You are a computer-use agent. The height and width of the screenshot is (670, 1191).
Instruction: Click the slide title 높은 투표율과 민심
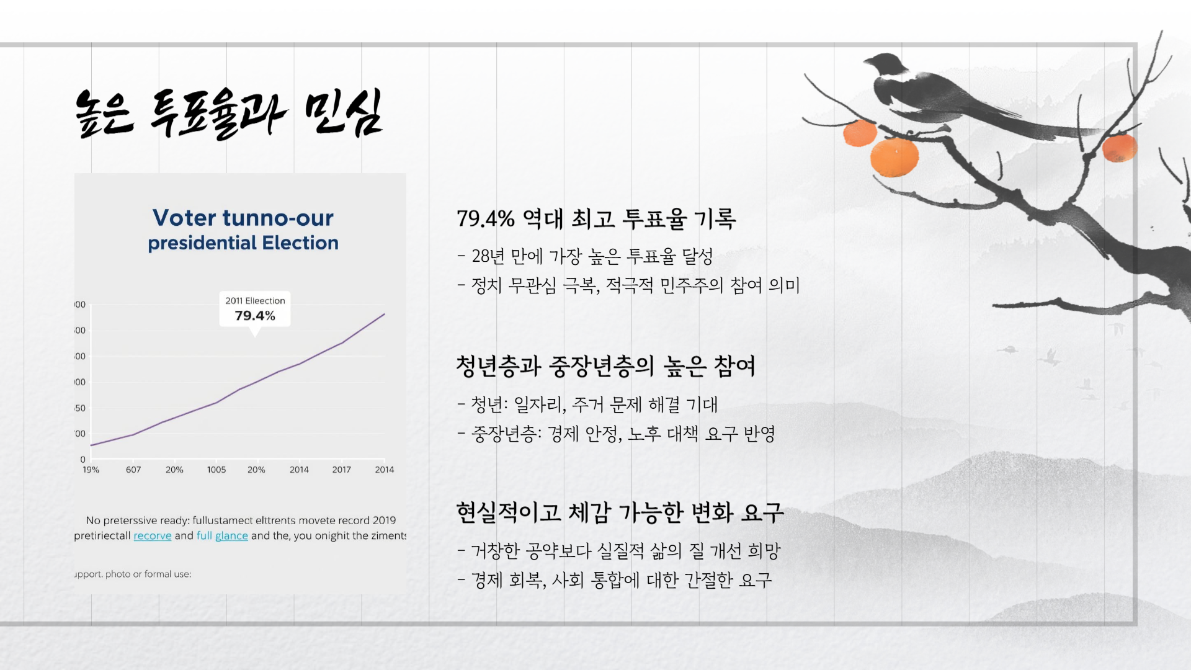pos(228,113)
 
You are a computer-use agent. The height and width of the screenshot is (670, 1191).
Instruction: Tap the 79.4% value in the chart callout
pos(254,316)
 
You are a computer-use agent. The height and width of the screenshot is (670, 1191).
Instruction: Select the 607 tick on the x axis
pos(133,470)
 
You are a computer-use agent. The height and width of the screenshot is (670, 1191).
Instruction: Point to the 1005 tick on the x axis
pos(216,470)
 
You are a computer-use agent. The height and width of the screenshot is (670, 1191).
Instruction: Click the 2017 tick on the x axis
pos(341,470)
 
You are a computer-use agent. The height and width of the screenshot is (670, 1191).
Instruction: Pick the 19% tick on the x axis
pos(91,470)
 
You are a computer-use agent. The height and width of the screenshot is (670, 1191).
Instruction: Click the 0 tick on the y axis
pos(83,460)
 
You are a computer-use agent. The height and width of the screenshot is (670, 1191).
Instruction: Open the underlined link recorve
pos(153,535)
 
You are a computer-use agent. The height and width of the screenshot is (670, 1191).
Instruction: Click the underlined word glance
pos(231,535)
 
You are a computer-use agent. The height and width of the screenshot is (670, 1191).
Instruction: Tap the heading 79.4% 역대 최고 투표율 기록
pos(596,218)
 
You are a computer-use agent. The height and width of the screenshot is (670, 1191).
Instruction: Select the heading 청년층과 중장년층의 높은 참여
pos(605,366)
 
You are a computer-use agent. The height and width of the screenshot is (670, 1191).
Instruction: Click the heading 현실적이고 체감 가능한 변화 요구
pos(620,512)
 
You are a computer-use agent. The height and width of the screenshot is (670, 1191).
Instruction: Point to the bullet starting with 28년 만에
pos(592,256)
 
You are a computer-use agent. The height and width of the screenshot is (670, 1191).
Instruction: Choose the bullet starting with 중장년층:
pos(623,433)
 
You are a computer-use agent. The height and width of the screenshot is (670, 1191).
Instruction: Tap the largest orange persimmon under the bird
pos(894,158)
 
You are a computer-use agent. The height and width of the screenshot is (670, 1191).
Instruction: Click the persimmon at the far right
pos(1119,148)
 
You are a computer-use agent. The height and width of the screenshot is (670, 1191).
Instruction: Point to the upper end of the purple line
pos(384,315)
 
